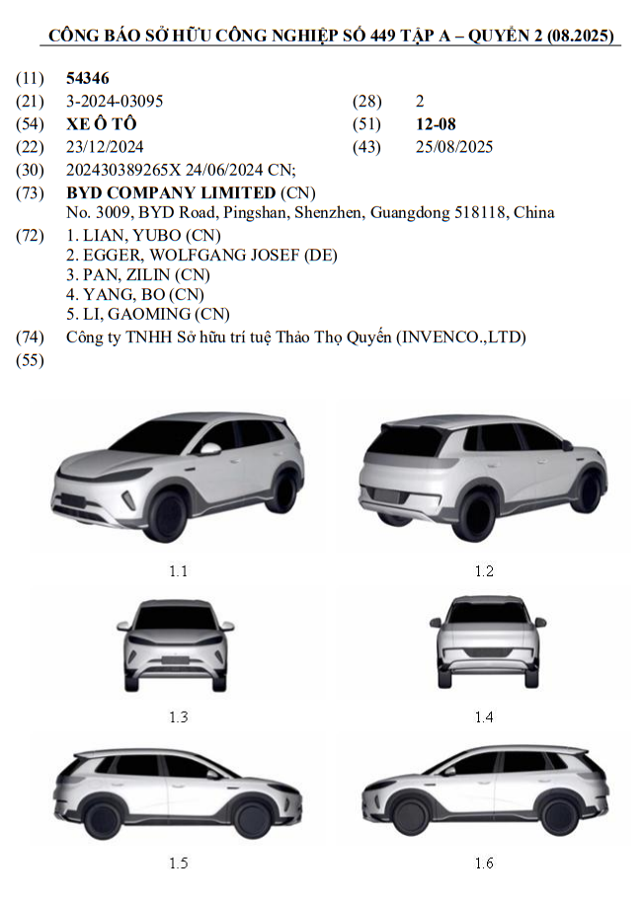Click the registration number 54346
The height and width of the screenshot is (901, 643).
coord(87,78)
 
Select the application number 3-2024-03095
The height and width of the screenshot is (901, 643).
coord(115,101)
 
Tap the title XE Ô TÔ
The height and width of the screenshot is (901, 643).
coord(101,124)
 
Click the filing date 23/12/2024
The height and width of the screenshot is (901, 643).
coord(105,147)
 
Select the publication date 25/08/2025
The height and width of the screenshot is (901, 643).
coord(454,147)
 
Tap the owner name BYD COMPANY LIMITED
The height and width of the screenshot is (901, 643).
coord(171,192)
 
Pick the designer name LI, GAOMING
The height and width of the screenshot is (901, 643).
coord(138,314)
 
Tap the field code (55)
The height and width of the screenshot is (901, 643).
coord(31,360)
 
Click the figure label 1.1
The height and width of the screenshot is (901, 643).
coord(178,570)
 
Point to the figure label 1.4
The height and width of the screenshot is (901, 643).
coord(483,717)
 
